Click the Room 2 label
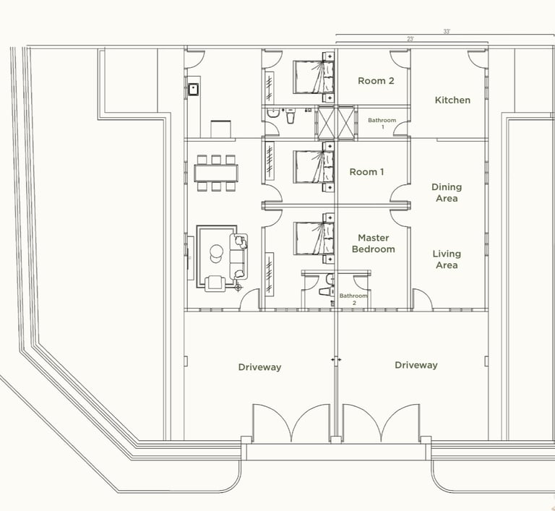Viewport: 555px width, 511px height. coord(376,81)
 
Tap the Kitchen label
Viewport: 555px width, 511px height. coord(452,100)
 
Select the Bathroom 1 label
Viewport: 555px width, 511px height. coord(382,124)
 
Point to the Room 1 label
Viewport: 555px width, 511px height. coord(366,172)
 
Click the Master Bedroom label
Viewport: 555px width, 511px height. coord(374,244)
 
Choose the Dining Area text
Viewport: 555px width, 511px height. coord(447,193)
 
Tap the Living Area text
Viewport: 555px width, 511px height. coord(447,259)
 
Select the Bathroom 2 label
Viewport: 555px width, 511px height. coord(353,299)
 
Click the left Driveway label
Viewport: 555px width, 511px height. coord(260,367)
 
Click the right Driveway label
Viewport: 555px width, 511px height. coord(416,365)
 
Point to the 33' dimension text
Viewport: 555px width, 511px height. coord(447,32)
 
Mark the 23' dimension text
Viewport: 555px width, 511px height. coord(410,39)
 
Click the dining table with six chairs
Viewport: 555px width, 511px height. coord(216,173)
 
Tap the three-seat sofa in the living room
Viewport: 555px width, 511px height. coord(238,256)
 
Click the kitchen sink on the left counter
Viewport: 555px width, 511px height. coord(193,89)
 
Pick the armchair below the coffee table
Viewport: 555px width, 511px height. coord(215,283)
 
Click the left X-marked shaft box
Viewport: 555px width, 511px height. coord(326,122)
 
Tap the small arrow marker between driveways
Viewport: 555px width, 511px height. coord(336,360)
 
